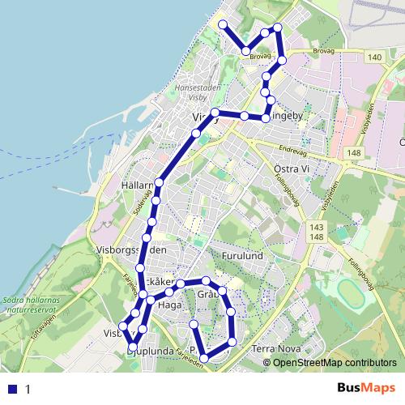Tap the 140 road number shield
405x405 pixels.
(374, 57)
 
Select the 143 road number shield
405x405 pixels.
(317, 228)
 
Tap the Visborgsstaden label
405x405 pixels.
(130, 250)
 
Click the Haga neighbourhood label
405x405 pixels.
(169, 305)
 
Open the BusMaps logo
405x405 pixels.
(366, 388)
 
